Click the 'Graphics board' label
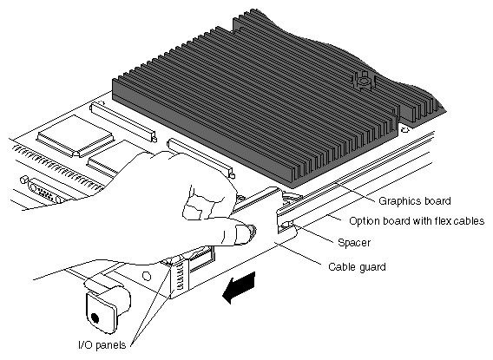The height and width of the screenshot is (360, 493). pyautogui.click(x=414, y=201)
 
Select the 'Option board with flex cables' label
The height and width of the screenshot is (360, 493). pyautogui.click(x=417, y=221)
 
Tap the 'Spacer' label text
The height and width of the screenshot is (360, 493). pyautogui.click(x=354, y=243)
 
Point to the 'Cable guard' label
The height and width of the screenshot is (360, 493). pyautogui.click(x=357, y=266)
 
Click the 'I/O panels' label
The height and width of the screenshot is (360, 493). pyautogui.click(x=102, y=345)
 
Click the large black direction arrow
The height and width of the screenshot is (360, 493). pyautogui.click(x=239, y=287)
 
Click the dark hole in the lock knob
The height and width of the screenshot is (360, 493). pyautogui.click(x=95, y=318)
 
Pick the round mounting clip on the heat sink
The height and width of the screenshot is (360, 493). pyautogui.click(x=364, y=81)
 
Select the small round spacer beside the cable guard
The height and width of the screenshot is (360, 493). pyautogui.click(x=287, y=225)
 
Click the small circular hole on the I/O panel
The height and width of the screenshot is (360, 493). pyautogui.click(x=147, y=276)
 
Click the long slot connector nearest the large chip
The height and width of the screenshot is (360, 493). pyautogui.click(x=123, y=122)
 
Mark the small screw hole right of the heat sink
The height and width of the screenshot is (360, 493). pyautogui.click(x=405, y=129)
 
